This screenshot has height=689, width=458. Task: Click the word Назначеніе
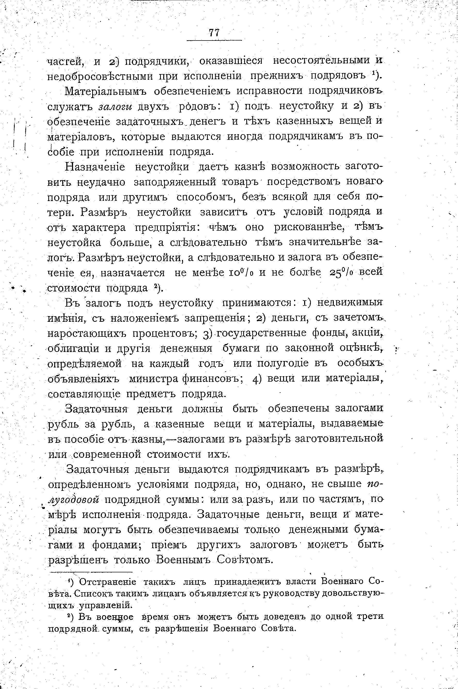(x=96, y=167)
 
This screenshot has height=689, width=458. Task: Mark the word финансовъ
(x=211, y=379)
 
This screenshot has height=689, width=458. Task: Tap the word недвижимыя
(x=350, y=303)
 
